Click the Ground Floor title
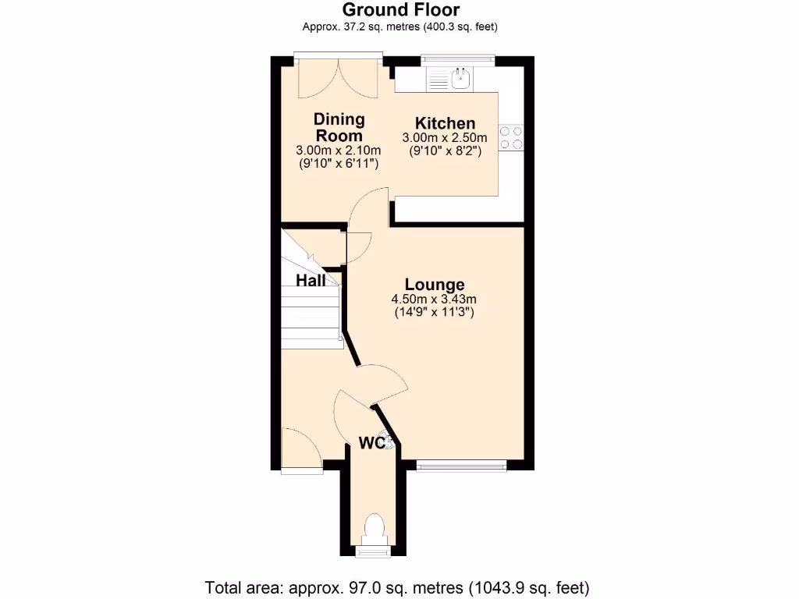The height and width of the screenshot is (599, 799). click(400, 9)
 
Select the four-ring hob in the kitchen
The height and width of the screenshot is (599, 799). click(512, 138)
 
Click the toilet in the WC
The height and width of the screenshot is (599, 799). click(374, 528)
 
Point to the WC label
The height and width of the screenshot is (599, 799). click(372, 443)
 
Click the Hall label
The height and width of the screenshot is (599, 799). click(311, 281)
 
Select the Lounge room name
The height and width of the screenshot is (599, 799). click(434, 285)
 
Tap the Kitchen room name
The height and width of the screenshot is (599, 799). click(445, 123)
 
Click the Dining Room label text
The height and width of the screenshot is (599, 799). click(339, 127)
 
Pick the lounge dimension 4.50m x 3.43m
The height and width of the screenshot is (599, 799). click(434, 299)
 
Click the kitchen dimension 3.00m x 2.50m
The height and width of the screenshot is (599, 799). click(444, 138)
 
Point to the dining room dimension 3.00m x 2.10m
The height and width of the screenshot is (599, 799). click(339, 151)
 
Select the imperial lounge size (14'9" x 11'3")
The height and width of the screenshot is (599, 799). click(434, 312)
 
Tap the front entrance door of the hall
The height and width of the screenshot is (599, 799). click(301, 452)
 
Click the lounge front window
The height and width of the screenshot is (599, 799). click(460, 466)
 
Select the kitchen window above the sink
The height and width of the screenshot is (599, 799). click(458, 58)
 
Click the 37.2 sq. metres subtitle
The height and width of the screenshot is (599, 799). click(400, 27)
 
